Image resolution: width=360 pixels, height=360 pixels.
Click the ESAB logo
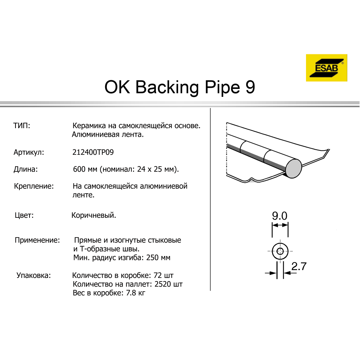[x=327, y=68]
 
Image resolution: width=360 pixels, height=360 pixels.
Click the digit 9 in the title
[x=250, y=87]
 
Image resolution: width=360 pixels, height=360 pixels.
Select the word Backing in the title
[x=167, y=88]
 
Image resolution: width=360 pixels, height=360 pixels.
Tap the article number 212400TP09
[x=93, y=152]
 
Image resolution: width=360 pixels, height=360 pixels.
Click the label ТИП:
[x=22, y=126]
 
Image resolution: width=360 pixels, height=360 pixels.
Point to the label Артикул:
[x=29, y=152]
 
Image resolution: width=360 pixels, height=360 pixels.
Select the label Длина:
[x=26, y=170]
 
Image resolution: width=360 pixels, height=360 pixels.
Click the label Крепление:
[x=34, y=186]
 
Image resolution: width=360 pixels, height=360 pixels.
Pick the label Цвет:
[x=24, y=215]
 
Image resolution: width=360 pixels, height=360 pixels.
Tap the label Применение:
[x=37, y=240]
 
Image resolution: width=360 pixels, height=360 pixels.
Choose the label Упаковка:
[x=33, y=275]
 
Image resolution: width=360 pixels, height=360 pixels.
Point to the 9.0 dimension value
[x=280, y=216]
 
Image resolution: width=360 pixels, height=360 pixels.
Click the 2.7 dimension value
[x=299, y=266]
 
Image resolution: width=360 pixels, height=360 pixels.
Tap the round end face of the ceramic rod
[x=293, y=168]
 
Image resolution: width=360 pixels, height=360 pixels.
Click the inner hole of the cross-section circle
[x=280, y=251]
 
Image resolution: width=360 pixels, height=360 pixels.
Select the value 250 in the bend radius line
[x=152, y=258]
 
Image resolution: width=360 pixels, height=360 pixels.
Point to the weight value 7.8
[x=131, y=293]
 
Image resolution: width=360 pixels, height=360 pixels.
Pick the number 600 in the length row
[x=79, y=169]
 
